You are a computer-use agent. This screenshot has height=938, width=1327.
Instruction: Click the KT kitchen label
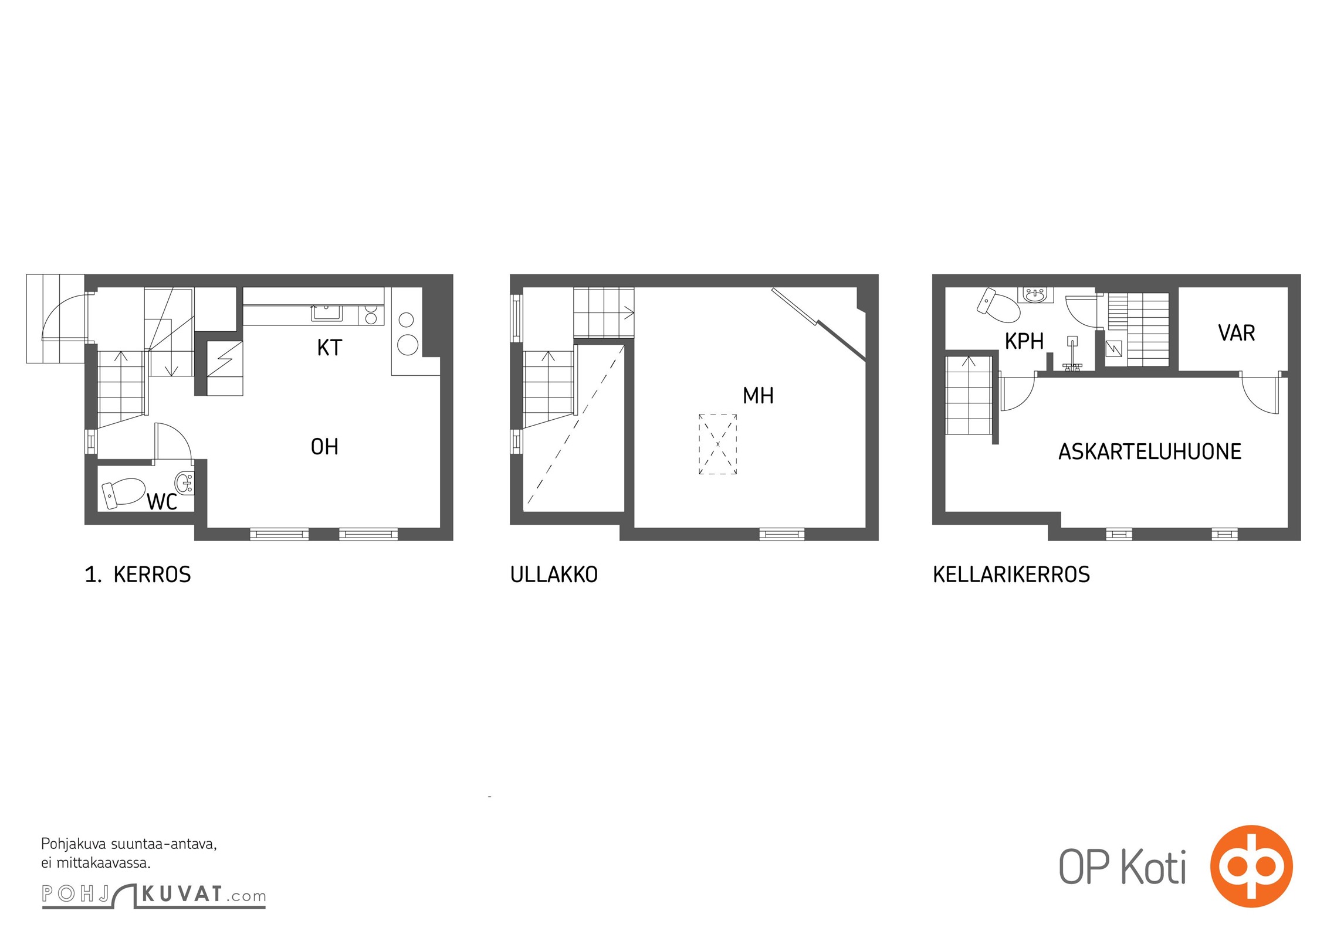(329, 348)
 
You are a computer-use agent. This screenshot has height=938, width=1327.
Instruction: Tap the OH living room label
(324, 447)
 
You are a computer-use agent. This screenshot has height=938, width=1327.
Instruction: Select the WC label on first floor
(162, 502)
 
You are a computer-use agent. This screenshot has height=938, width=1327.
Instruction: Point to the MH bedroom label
(758, 396)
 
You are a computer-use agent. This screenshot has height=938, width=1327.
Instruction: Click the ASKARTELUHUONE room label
(1150, 451)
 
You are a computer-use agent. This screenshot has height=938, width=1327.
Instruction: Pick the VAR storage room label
(1237, 333)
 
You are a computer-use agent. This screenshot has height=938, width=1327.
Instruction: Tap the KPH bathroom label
(1024, 341)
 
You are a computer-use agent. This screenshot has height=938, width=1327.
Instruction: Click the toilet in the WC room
(124, 492)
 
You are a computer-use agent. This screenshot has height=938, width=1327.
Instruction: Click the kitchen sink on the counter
(327, 313)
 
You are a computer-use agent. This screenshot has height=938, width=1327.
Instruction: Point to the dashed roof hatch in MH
(717, 444)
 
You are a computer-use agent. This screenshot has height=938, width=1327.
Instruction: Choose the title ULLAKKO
(554, 575)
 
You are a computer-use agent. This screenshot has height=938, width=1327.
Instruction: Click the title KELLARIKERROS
(1011, 575)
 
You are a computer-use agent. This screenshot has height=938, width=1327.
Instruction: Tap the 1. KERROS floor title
(138, 575)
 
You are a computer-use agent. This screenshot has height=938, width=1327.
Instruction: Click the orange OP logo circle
(1251, 866)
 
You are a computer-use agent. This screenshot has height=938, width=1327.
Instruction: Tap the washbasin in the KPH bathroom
(1038, 295)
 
